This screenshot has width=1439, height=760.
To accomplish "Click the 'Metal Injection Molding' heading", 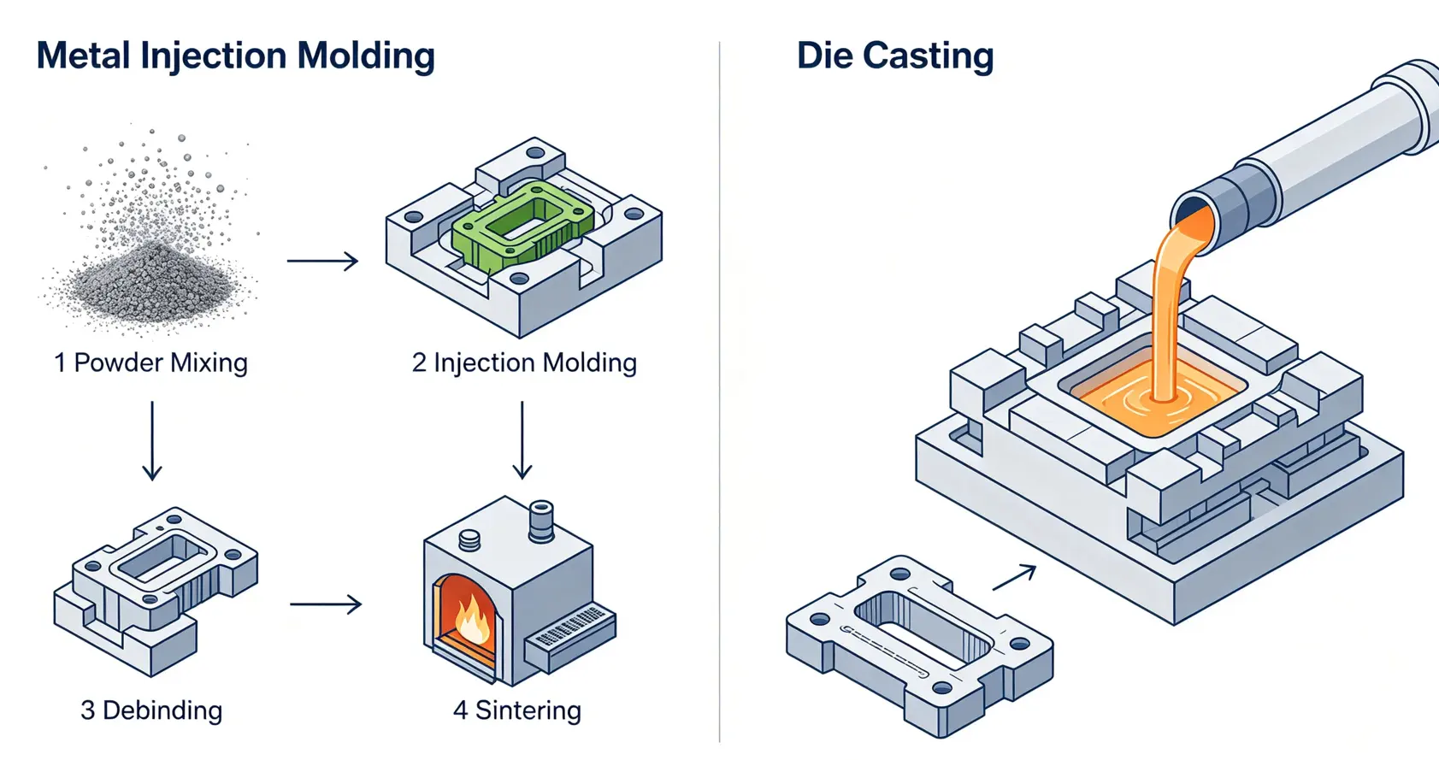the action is [236, 56].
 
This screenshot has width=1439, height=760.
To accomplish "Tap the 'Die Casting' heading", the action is [895, 56].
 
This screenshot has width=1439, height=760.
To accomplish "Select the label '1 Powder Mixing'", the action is [151, 363].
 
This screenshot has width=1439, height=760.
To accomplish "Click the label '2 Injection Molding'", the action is [524, 363].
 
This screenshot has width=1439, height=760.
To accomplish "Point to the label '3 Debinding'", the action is [151, 710].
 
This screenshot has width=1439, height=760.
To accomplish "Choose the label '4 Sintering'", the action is [517, 710].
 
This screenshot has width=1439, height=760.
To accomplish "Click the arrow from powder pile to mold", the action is [322, 261].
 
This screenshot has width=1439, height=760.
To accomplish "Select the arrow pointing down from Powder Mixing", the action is [152, 441].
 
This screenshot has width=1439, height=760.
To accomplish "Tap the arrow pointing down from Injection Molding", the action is [522, 441].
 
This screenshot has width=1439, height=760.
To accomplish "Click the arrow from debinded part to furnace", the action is [326, 604].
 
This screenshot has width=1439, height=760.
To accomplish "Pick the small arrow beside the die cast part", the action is [1015, 577].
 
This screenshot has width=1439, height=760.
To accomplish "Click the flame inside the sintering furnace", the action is [473, 621].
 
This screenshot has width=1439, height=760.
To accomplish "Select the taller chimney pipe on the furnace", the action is [541, 521].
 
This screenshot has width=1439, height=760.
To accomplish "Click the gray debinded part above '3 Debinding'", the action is [156, 591].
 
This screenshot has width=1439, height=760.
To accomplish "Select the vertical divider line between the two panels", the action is [720, 392].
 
